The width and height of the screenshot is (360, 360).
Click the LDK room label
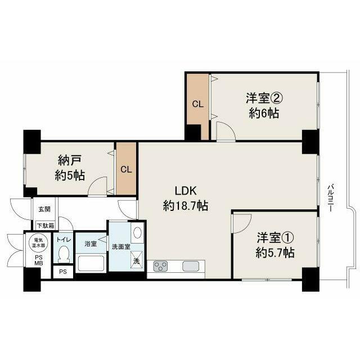pos(186,191)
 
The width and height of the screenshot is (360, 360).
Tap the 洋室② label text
pos(264,98)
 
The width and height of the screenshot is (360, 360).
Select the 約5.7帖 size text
pos(275,253)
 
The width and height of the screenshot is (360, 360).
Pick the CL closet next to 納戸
pos(126,169)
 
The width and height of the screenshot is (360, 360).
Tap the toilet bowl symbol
pos(64,254)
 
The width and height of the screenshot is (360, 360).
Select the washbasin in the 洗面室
pos(137,233)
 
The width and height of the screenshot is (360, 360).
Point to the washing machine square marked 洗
pos(137,260)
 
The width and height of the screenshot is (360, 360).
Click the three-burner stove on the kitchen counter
pos(160,266)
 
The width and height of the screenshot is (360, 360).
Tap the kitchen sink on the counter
pos(191,266)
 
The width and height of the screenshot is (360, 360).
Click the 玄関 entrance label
pos(44,209)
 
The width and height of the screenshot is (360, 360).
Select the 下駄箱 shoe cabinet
pos(46,226)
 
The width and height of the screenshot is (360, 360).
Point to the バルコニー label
pos(330,197)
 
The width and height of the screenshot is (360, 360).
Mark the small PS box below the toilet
pos(63,272)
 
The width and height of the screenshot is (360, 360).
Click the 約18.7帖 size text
pos(186,205)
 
